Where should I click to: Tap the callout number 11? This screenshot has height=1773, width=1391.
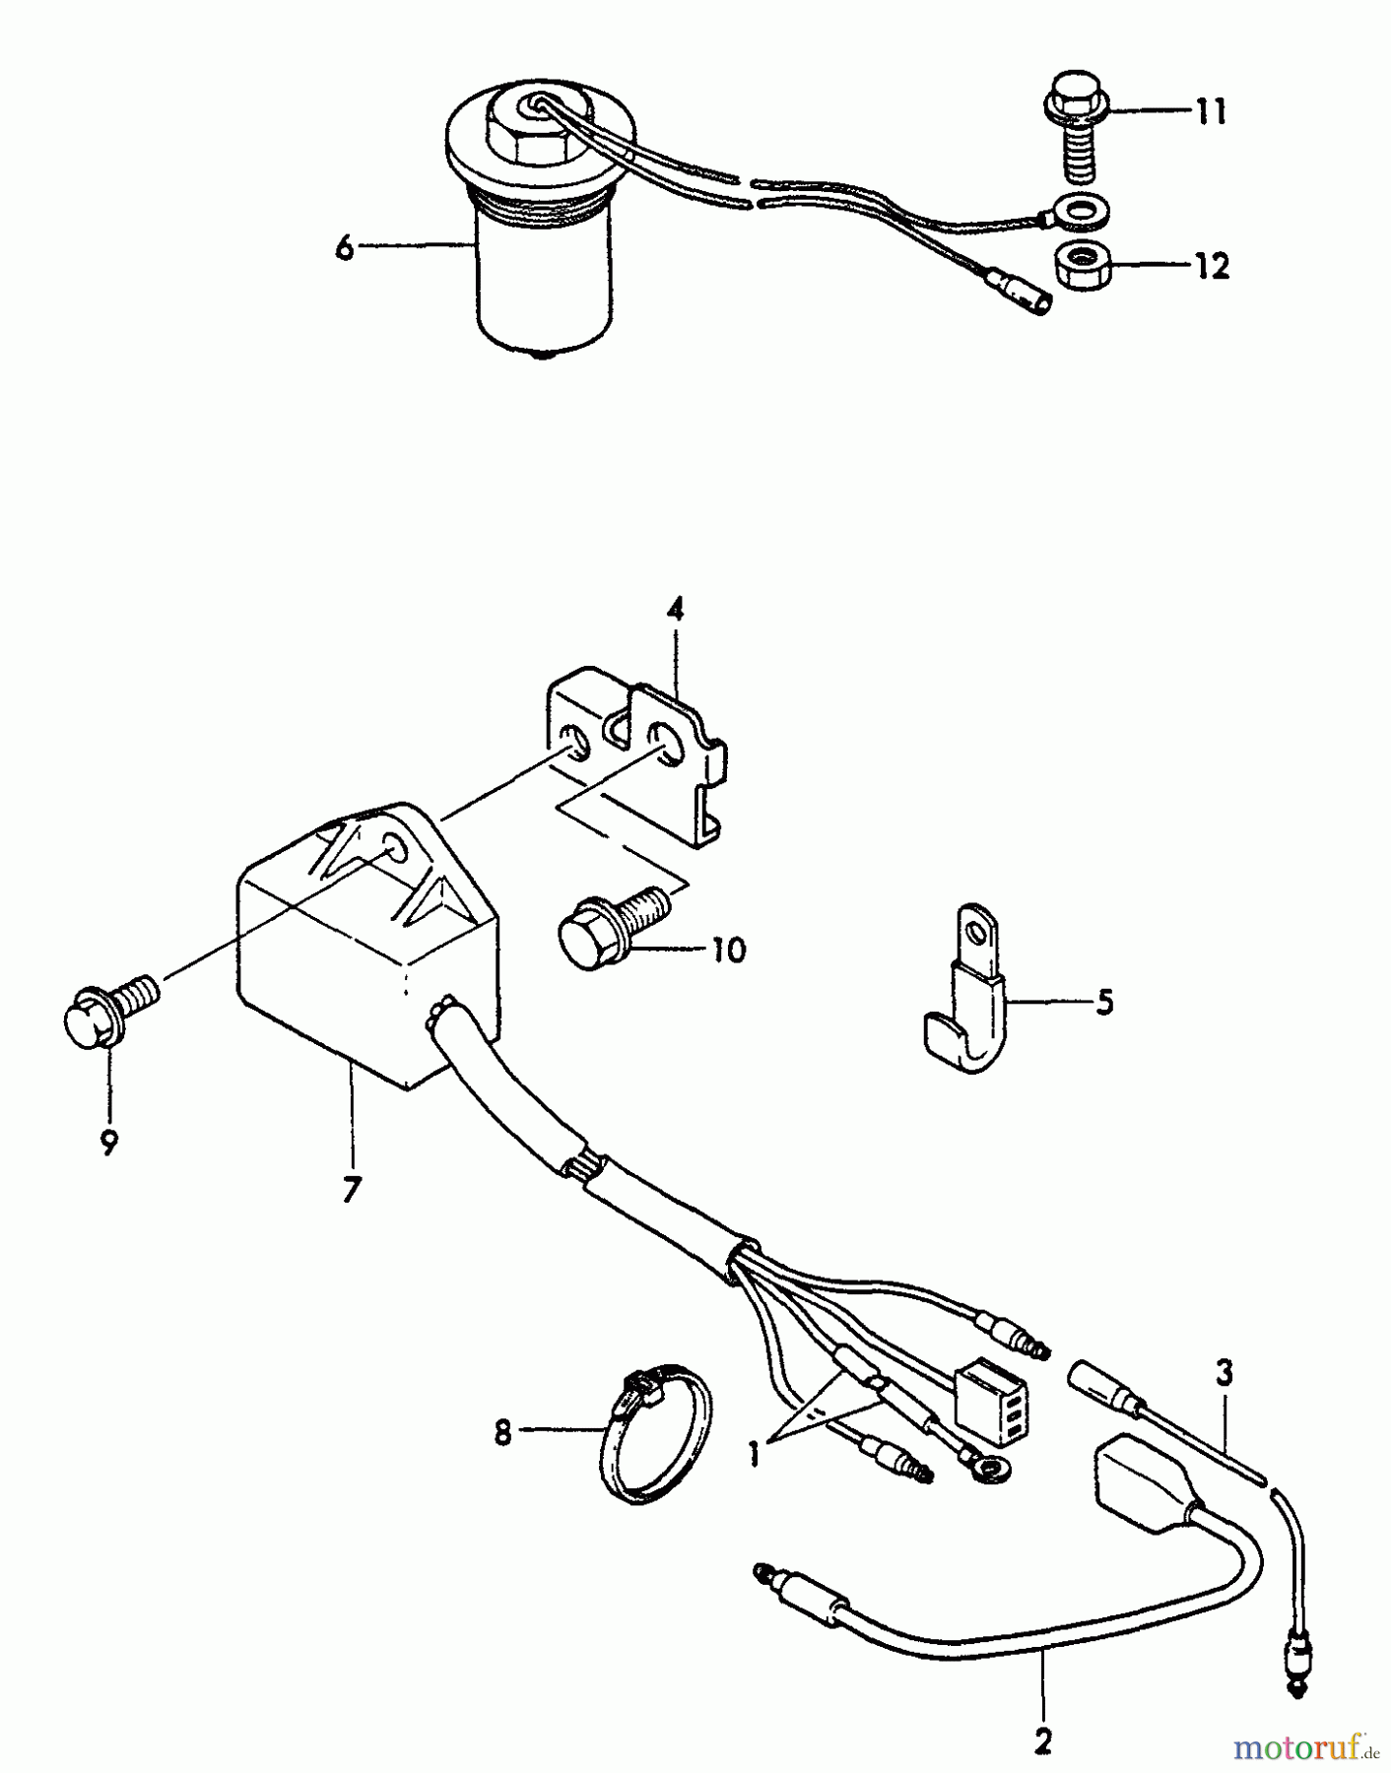pyautogui.click(x=1212, y=111)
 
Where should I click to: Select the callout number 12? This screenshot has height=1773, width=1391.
pyautogui.click(x=1213, y=266)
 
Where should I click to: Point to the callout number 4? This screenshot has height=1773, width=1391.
pyautogui.click(x=675, y=610)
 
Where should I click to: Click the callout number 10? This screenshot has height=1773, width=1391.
pyautogui.click(x=728, y=951)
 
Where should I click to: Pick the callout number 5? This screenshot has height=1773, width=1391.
pyautogui.click(x=1104, y=1003)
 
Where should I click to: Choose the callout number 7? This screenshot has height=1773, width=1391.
pyautogui.click(x=352, y=1189)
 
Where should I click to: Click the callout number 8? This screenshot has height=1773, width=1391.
pyautogui.click(x=503, y=1432)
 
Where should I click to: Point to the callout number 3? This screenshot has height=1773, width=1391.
pyautogui.click(x=1224, y=1372)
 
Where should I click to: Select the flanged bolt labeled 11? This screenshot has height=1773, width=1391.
pyautogui.click(x=1079, y=125)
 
